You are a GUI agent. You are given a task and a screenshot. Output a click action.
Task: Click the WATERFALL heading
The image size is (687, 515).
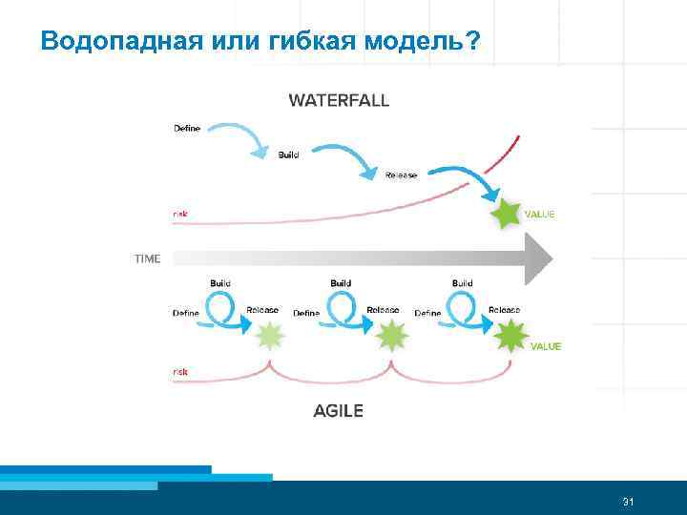(339, 100)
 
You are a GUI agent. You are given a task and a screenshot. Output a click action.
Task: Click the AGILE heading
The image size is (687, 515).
(338, 411)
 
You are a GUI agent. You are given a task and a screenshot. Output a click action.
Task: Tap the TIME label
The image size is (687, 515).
(148, 258)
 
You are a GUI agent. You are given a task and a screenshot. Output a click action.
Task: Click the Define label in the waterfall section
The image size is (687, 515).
(187, 129)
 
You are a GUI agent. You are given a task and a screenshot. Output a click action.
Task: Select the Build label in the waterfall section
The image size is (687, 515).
(288, 154)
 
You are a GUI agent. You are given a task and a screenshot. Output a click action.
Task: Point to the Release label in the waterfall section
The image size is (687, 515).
(401, 175)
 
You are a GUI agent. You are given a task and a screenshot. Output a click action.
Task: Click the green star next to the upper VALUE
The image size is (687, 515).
(505, 215)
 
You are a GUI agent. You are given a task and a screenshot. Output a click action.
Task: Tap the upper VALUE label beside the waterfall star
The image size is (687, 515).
(539, 215)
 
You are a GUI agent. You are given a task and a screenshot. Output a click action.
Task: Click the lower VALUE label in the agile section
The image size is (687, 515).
(545, 346)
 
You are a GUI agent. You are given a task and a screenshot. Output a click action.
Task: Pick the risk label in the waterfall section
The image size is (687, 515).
(179, 214)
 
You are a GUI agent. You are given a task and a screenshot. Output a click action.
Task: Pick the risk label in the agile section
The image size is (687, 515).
(179, 370)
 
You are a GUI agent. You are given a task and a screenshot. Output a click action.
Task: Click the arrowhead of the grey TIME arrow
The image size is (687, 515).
(539, 258)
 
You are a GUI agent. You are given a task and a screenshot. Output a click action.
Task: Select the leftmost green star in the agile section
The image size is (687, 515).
(270, 336)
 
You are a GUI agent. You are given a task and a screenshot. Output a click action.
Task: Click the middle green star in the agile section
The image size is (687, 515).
(391, 336)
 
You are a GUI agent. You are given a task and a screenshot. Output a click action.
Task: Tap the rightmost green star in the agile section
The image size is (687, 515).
(511, 336)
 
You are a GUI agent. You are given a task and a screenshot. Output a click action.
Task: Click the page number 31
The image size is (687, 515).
(628, 502)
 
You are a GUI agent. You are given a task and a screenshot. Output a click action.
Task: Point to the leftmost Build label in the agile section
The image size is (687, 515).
(219, 283)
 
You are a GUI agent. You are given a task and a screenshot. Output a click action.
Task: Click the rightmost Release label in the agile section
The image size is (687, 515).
(504, 310)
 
